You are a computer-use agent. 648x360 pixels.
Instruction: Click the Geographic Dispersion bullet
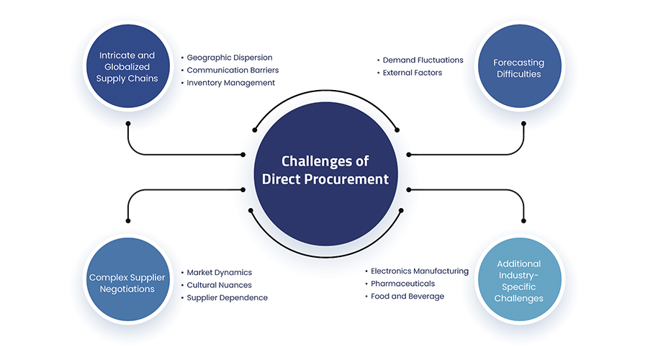[x=229, y=57]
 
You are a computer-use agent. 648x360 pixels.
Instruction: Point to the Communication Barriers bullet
[x=232, y=70]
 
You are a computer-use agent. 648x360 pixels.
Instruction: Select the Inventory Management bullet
[x=230, y=83]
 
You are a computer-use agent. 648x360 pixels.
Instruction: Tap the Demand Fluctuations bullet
[x=423, y=60]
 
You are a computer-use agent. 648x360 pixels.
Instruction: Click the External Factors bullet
[x=412, y=73]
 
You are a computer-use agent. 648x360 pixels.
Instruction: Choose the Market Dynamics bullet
[x=219, y=272]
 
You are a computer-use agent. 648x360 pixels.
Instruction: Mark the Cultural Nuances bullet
[x=219, y=285]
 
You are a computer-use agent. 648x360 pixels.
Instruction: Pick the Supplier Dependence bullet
[x=227, y=297]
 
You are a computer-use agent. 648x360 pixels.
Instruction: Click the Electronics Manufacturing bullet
[x=419, y=271]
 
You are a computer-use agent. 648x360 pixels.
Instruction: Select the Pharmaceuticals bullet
[x=402, y=284]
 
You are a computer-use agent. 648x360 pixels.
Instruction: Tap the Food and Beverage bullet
[x=407, y=296]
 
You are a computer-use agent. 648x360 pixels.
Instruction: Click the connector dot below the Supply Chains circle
[x=128, y=123]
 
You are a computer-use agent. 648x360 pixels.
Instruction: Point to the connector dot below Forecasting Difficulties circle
[x=523, y=123]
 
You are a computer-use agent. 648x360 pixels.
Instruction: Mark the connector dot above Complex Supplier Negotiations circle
[x=128, y=220]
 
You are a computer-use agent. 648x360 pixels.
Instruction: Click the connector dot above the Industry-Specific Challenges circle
[x=523, y=220]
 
